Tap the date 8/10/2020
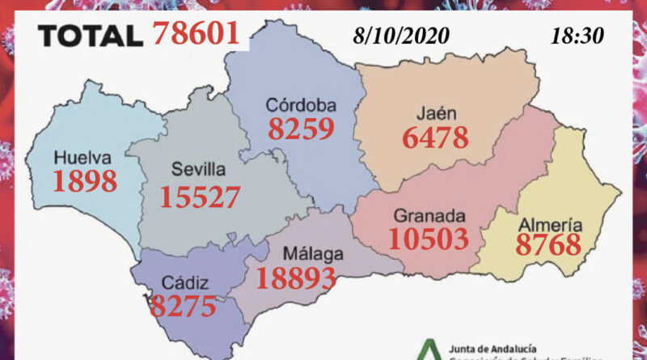click(401, 36)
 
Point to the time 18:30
click(576, 36)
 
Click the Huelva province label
click(82, 158)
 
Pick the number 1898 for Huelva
click(84, 181)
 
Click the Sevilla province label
click(198, 171)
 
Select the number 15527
click(200, 197)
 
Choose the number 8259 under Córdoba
click(301, 129)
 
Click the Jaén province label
click(435, 112)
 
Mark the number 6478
click(435, 138)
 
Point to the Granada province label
click(429, 216)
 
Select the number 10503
click(429, 239)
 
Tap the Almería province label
click(550, 225)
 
